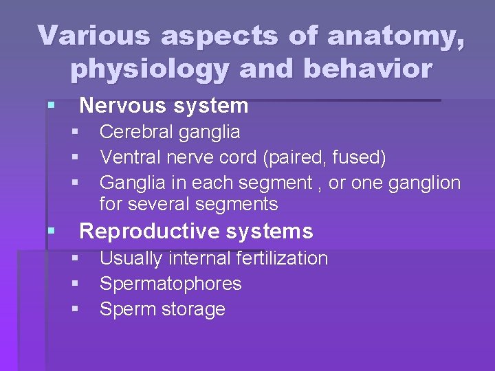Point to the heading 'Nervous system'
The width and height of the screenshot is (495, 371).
164,106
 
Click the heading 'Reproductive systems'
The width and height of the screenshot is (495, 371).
196,232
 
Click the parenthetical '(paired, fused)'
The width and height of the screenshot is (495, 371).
324,158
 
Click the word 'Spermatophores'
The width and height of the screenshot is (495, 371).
170,284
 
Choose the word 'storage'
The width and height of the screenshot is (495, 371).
194,309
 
